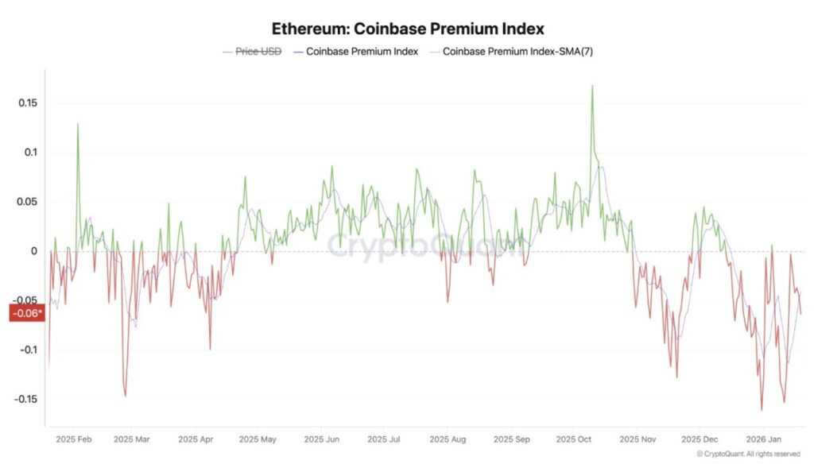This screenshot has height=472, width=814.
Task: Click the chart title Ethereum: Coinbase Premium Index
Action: pyautogui.click(x=408, y=29)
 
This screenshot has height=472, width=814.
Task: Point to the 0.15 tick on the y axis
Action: pyautogui.click(x=28, y=103)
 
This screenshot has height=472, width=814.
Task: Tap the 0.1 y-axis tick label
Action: pyautogui.click(x=31, y=153)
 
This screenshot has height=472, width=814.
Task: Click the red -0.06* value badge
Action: pyautogui.click(x=26, y=313)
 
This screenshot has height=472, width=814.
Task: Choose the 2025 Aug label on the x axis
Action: pyautogui.click(x=448, y=438)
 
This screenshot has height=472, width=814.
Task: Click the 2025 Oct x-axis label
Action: pyautogui.click(x=574, y=438)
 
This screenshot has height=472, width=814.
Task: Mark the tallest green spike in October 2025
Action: pyautogui.click(x=592, y=86)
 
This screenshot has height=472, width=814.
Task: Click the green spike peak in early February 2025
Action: pyautogui.click(x=78, y=124)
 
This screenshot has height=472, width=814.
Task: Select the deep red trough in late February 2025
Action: pyautogui.click(x=125, y=396)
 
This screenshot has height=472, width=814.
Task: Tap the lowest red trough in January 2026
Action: pyautogui.click(x=762, y=410)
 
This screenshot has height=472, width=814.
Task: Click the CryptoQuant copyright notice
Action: pyautogui.click(x=747, y=454)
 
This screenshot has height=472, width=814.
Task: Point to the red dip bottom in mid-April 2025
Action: pyautogui.click(x=210, y=349)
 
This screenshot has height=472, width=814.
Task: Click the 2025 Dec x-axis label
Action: pyautogui.click(x=700, y=438)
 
